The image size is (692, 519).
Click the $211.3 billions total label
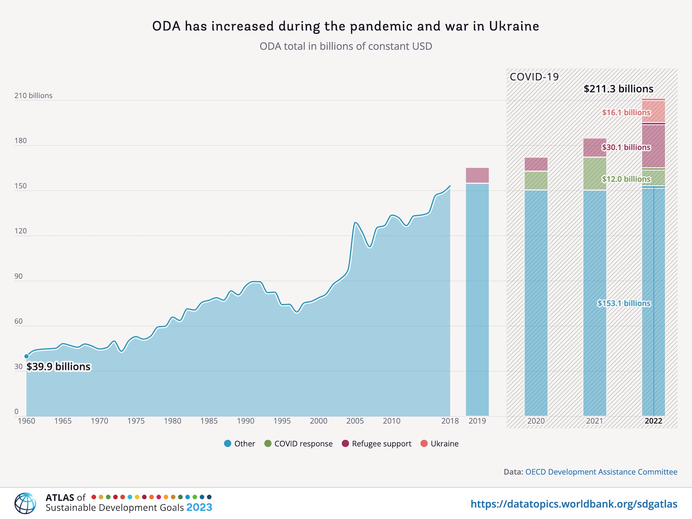click(x=618, y=89)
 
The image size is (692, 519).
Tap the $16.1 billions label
click(x=626, y=112)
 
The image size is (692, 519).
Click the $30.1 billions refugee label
click(x=626, y=147)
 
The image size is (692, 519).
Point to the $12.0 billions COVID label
click(x=626, y=179)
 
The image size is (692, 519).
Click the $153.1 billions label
click(x=624, y=303)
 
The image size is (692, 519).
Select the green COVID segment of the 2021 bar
click(x=595, y=174)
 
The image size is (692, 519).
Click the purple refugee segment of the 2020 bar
click(x=536, y=164)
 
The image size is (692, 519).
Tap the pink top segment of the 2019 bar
click(x=477, y=175)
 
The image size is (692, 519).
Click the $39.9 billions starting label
click(x=58, y=367)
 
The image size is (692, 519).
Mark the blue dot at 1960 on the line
click(x=26, y=357)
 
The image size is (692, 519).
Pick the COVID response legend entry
click(x=298, y=444)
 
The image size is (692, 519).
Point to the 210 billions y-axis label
click(x=33, y=96)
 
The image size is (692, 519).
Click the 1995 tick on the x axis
click(x=282, y=421)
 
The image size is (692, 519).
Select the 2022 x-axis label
click(x=653, y=421)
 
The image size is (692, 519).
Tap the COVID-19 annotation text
click(x=534, y=77)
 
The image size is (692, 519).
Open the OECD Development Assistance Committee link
click(x=601, y=472)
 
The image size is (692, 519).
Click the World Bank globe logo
click(x=25, y=503)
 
